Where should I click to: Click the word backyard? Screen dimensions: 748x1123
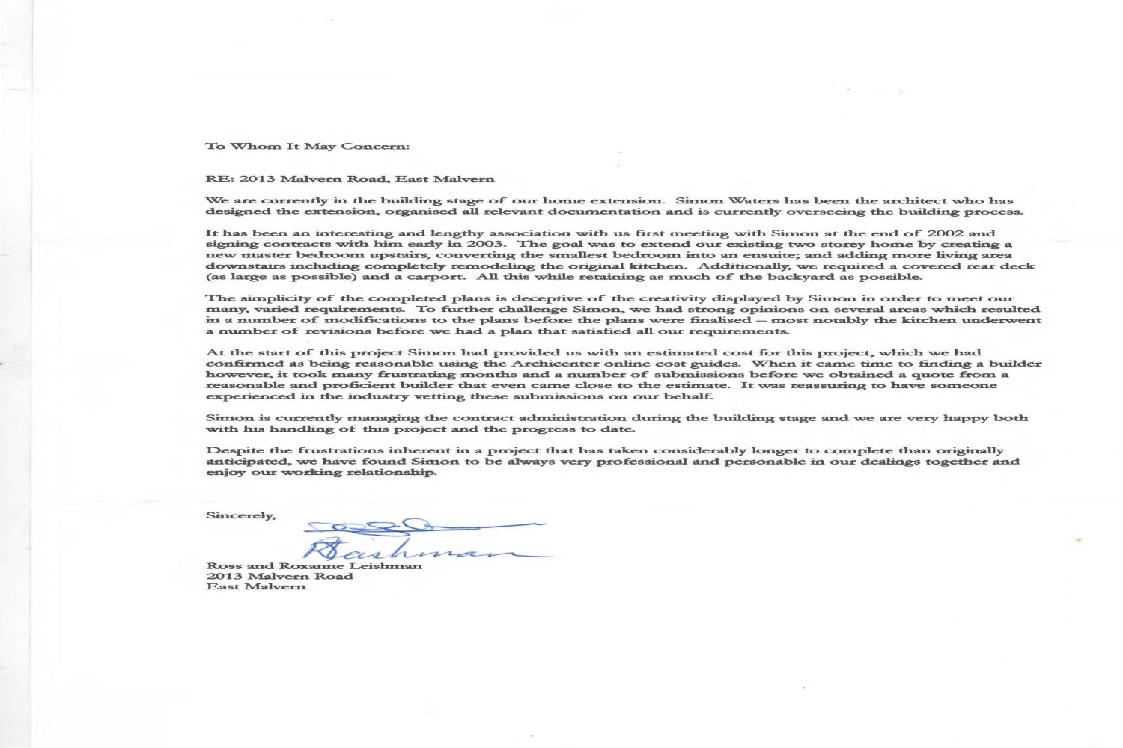click(x=792, y=277)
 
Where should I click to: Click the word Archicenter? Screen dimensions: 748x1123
click(x=544, y=364)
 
